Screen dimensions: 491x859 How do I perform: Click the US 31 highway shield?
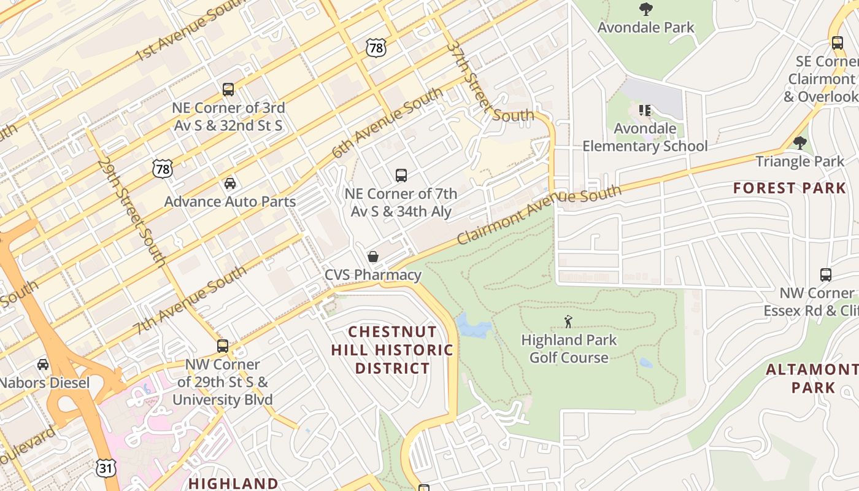(x=105, y=467)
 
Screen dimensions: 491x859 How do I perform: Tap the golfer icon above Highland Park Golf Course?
(x=568, y=322)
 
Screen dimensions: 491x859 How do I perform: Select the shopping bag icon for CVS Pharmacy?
(x=372, y=257)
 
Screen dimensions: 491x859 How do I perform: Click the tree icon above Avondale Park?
(x=645, y=9)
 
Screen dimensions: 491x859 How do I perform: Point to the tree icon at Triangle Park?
(x=799, y=143)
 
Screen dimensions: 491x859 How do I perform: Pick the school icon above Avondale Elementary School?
(x=644, y=110)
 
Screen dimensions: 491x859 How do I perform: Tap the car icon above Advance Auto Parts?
(x=229, y=183)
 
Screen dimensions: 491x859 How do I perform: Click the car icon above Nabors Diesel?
(x=43, y=365)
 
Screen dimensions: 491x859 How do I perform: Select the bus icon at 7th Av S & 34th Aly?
(x=401, y=176)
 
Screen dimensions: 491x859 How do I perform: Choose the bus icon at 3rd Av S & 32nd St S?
(x=228, y=90)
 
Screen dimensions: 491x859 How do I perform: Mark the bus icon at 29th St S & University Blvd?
(x=222, y=346)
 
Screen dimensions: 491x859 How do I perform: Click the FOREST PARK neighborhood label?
(x=789, y=188)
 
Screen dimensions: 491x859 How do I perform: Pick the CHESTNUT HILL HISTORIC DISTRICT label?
(x=393, y=350)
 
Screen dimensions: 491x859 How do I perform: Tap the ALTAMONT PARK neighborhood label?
(x=812, y=379)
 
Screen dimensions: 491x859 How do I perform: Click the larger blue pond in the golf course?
(x=472, y=325)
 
